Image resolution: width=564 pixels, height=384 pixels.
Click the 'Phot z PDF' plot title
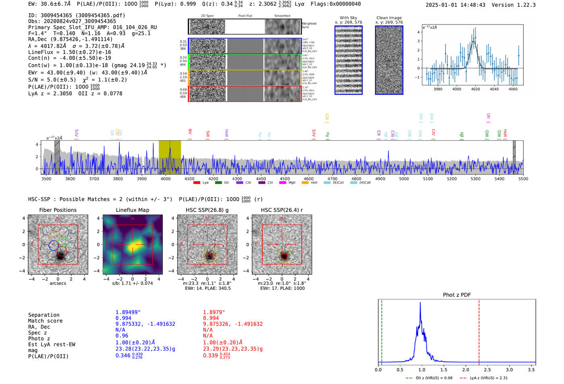[457, 295]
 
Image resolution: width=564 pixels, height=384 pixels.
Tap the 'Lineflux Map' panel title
[133, 210]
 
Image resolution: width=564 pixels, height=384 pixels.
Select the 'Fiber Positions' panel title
[58, 210]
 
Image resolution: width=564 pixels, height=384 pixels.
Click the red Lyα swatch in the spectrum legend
[197, 183]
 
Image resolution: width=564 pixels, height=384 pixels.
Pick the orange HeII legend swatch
[305, 183]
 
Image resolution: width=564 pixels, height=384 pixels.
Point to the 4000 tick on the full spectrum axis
[166, 179]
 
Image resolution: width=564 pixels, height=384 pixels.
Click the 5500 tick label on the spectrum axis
[523, 179]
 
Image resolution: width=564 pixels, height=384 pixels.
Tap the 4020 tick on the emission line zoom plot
[475, 89]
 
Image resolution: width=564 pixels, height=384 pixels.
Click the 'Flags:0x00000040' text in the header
[336, 4]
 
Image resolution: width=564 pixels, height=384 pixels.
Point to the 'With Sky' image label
[348, 18]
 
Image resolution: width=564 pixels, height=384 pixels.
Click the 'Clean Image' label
[389, 18]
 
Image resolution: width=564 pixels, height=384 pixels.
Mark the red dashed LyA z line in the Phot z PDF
[479, 330]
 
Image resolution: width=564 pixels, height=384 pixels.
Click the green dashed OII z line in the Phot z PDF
[382, 330]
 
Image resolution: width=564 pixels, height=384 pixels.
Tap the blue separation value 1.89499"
[128, 312]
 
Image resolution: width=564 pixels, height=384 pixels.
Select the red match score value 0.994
[211, 318]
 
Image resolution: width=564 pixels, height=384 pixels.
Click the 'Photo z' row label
[42, 338]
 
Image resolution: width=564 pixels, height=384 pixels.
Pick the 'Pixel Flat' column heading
[245, 16]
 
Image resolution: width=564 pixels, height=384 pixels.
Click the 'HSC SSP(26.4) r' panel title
[282, 210]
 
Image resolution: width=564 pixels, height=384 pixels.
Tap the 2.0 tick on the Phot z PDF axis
[466, 369]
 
